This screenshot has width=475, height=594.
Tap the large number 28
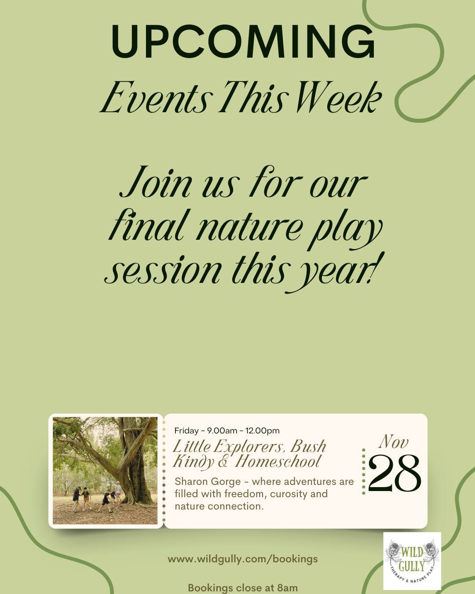click(x=395, y=473)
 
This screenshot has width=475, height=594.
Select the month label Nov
click(x=394, y=442)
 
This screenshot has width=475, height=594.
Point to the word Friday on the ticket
click(x=186, y=430)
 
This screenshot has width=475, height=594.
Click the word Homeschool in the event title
click(x=278, y=462)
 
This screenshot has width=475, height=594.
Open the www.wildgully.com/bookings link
click(x=242, y=559)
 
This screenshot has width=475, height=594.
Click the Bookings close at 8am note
click(x=242, y=588)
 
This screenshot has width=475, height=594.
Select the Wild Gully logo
click(x=412, y=561)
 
